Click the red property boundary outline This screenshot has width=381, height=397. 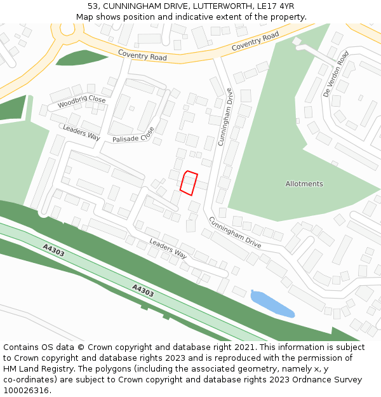[x=189, y=183]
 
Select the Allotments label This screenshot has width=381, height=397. [x=304, y=184]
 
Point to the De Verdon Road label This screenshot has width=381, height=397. [x=335, y=74]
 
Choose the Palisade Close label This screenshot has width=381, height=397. [x=133, y=135]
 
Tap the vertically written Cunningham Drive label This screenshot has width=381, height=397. [x=225, y=116]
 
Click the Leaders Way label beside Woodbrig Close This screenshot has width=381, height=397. [x=81, y=132]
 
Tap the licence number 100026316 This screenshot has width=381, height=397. [x=26, y=390]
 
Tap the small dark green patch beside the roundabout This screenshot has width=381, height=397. [x=81, y=57]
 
